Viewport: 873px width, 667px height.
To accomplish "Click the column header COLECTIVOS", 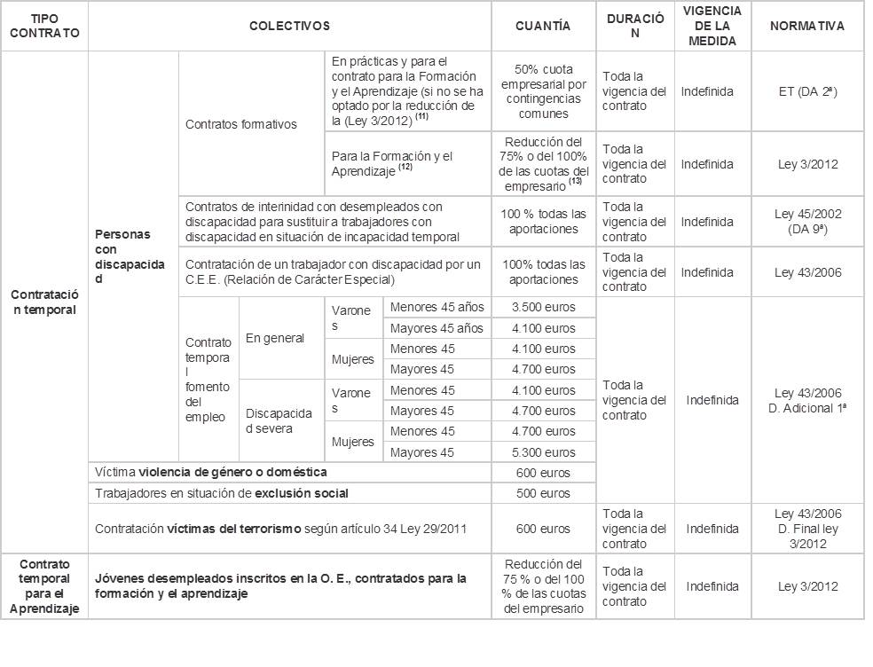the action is point(289,27).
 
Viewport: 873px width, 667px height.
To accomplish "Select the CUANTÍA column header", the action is point(543,27).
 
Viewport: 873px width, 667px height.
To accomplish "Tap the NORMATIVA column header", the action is point(807,27).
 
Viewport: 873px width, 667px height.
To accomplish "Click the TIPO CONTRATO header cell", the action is point(44,27).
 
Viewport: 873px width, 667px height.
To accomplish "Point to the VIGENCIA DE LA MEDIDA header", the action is point(712,26).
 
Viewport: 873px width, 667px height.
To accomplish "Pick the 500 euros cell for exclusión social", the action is point(543,493).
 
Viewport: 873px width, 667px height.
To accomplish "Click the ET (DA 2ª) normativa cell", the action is point(807,90).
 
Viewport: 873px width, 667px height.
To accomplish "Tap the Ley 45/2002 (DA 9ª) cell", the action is point(807,222).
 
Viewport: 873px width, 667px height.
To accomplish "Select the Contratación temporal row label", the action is point(44,302).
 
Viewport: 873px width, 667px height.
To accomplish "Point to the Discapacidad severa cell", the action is point(279,421).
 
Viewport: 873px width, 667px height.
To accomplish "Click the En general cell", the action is point(275,338).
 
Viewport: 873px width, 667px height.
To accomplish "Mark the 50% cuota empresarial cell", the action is point(543,90).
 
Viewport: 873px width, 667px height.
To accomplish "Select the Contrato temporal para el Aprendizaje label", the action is point(44,586).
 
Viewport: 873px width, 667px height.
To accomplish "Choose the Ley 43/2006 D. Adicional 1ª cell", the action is point(807,400).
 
